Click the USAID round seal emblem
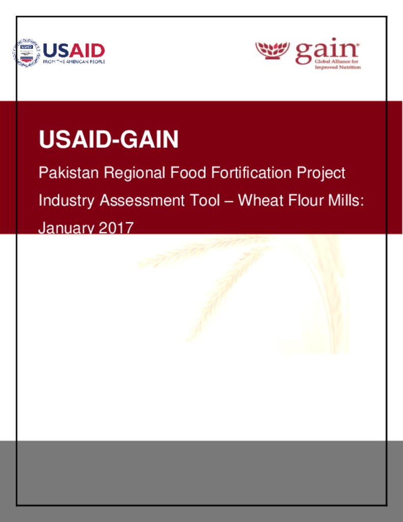pos(26,53)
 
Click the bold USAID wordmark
pos(74,50)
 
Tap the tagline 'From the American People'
pos(74,61)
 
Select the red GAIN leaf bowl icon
pos(272,50)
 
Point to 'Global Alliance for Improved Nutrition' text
pos(337,64)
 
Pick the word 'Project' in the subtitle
pos(321,173)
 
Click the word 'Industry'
pos(66,201)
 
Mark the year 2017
pos(116,228)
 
